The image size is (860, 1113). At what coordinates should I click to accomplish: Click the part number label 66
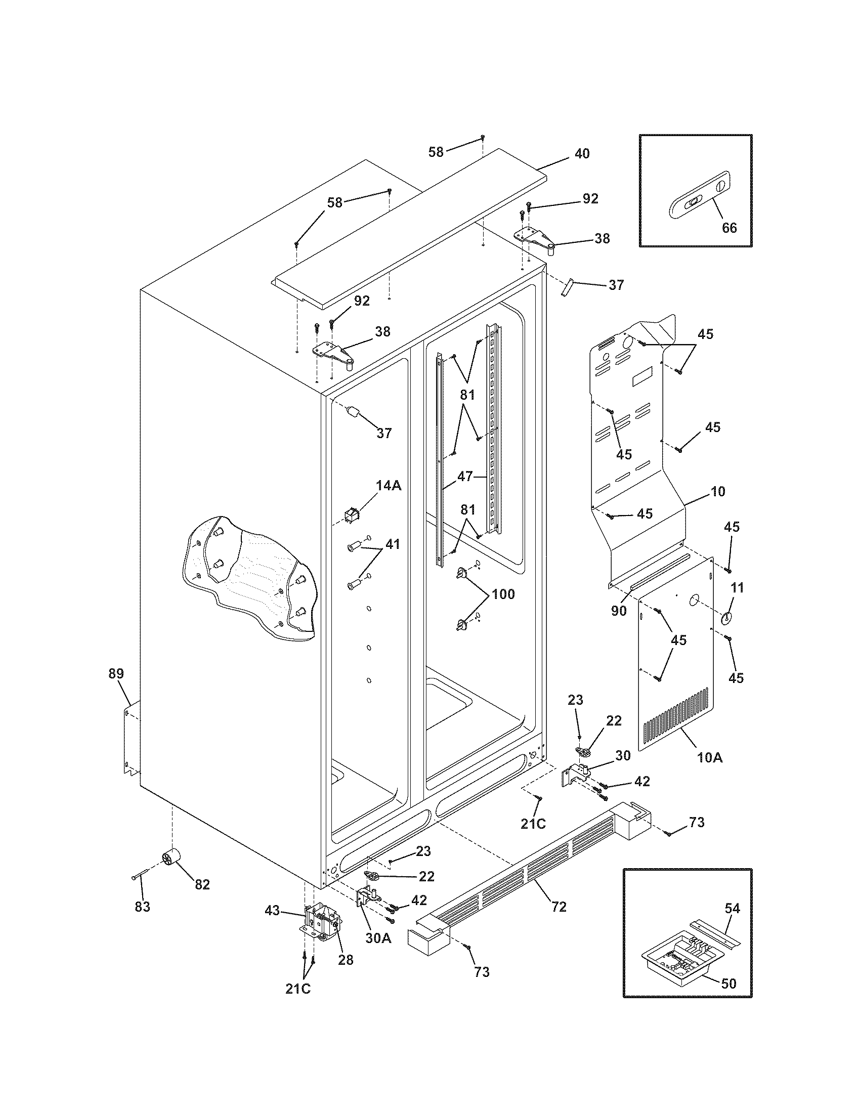pyautogui.click(x=729, y=228)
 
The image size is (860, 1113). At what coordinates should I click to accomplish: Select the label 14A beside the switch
pyautogui.click(x=389, y=486)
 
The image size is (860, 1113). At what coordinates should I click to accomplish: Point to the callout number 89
pyautogui.click(x=116, y=673)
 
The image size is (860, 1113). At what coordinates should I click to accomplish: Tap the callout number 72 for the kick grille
pyautogui.click(x=559, y=907)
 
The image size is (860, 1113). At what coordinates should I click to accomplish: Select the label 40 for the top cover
pyautogui.click(x=582, y=153)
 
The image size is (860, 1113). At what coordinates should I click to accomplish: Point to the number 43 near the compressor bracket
pyautogui.click(x=273, y=910)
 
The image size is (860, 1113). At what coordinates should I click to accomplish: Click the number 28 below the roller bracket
pyautogui.click(x=346, y=960)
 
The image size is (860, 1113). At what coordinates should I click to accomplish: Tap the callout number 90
pyautogui.click(x=619, y=611)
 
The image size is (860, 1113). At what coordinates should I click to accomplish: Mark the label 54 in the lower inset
pyautogui.click(x=732, y=908)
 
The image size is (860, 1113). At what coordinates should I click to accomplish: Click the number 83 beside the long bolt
pyautogui.click(x=143, y=907)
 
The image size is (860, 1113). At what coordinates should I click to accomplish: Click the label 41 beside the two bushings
pyautogui.click(x=392, y=544)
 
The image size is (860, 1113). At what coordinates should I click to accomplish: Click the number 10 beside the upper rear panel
pyautogui.click(x=717, y=492)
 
